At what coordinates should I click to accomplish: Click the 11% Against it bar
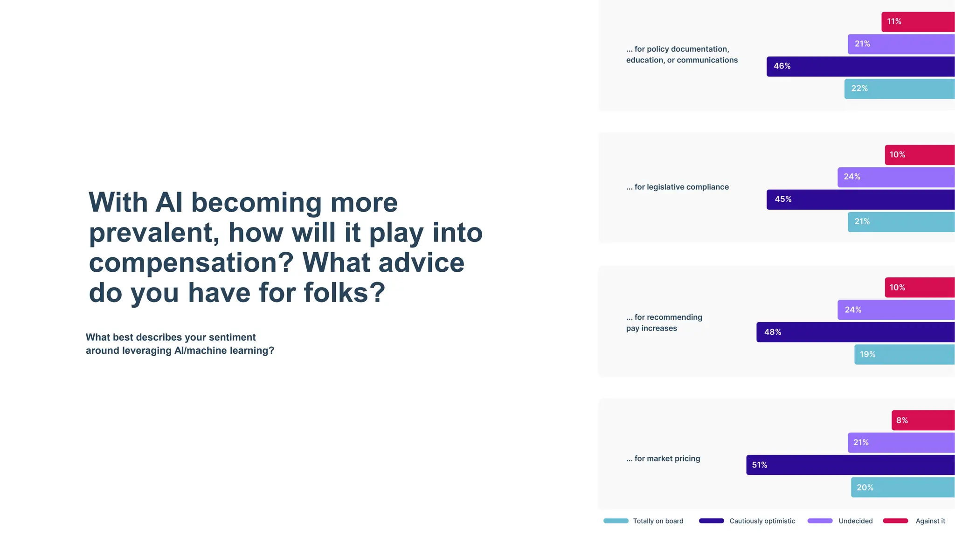[918, 22]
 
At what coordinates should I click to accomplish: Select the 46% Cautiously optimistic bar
[860, 67]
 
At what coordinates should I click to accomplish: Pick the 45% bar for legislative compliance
[860, 200]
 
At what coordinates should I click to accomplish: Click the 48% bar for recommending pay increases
[855, 332]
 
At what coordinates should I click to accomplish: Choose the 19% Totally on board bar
[904, 355]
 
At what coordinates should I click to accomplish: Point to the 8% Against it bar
[923, 420]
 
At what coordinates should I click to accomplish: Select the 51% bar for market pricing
[850, 465]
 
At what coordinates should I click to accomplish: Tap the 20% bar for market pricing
[902, 488]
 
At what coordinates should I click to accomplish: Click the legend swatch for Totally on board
[616, 521]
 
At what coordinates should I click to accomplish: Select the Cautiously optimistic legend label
[762, 521]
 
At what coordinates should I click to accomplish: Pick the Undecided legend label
[855, 521]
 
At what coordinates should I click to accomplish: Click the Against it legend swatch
[895, 521]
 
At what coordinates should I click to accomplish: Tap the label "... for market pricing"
[663, 459]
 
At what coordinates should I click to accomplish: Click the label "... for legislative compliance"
[677, 187]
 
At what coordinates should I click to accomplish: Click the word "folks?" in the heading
[345, 293]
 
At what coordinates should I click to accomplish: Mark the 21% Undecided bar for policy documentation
[901, 44]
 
